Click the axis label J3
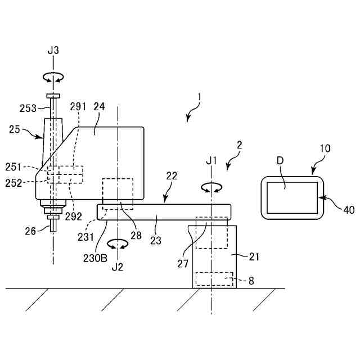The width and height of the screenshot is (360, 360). tap(53, 51)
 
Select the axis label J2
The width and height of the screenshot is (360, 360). tap(117, 266)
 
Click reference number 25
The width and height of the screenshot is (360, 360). tap(15, 129)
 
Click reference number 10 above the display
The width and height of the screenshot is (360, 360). tap(326, 148)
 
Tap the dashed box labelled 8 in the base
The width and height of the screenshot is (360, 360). tap(214, 279)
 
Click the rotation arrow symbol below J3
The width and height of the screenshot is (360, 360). tap(53, 78)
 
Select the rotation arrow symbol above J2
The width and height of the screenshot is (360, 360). tap(117, 244)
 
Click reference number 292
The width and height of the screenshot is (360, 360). tap(73, 216)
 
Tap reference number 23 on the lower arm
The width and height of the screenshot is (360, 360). tap(156, 240)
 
